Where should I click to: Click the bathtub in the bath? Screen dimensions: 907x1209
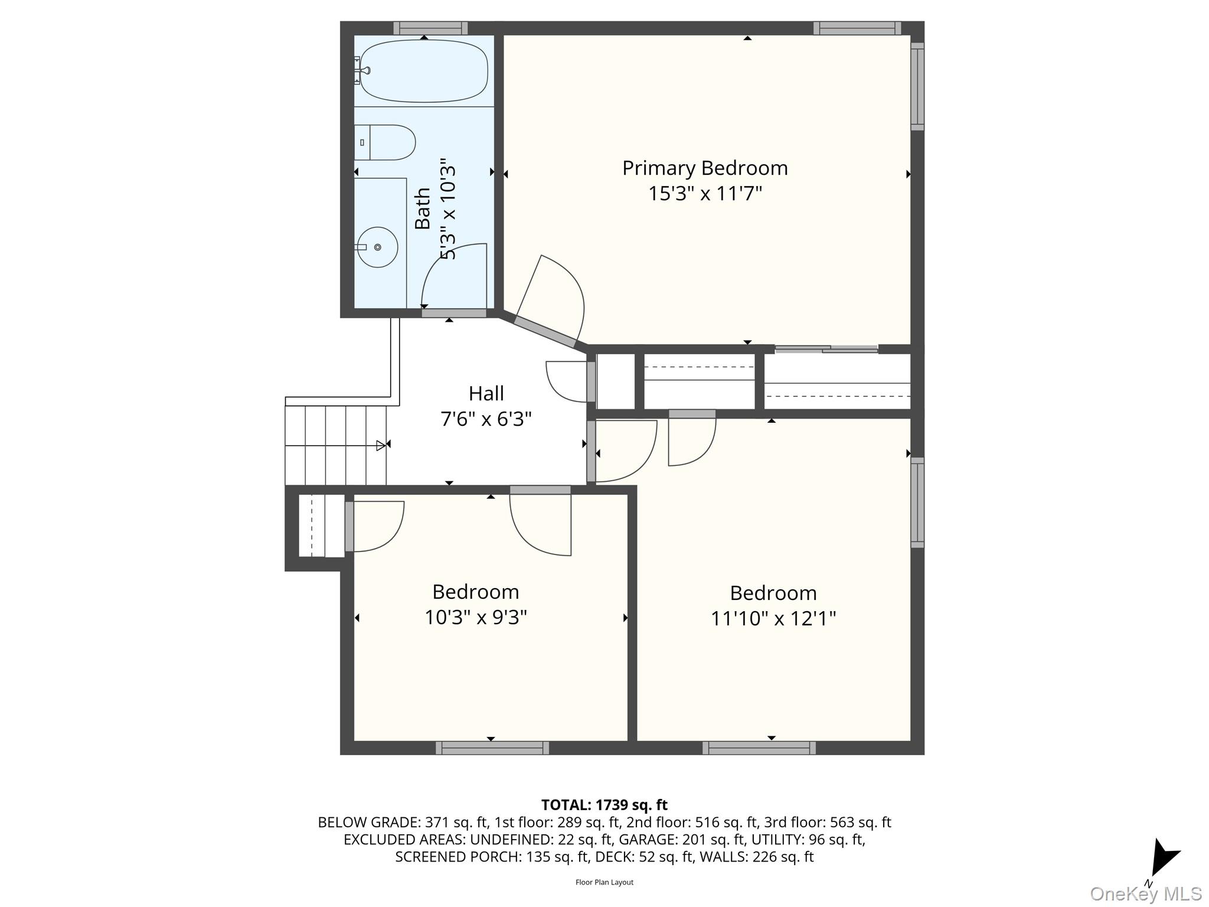click(x=424, y=71)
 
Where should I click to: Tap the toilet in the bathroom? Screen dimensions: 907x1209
click(x=387, y=142)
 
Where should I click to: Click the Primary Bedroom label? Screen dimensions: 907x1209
click(x=705, y=168)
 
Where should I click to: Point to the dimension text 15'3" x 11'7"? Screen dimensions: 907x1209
click(x=705, y=194)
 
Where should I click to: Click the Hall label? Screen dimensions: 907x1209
click(x=486, y=393)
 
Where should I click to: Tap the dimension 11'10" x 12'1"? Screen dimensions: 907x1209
click(x=773, y=619)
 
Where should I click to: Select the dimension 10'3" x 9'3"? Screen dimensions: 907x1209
click(x=475, y=618)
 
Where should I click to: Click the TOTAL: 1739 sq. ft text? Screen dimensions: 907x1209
click(x=604, y=805)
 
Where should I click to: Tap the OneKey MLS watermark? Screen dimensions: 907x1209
click(x=1145, y=893)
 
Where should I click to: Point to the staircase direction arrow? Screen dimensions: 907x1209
click(x=381, y=445)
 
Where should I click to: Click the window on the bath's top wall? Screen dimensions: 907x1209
click(x=430, y=28)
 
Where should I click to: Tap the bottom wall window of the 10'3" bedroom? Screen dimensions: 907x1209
click(x=492, y=748)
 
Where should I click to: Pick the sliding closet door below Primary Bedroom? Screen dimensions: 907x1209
click(x=826, y=349)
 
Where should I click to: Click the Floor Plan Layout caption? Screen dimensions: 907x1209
click(x=604, y=882)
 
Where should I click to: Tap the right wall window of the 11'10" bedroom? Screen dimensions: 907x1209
click(x=917, y=502)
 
